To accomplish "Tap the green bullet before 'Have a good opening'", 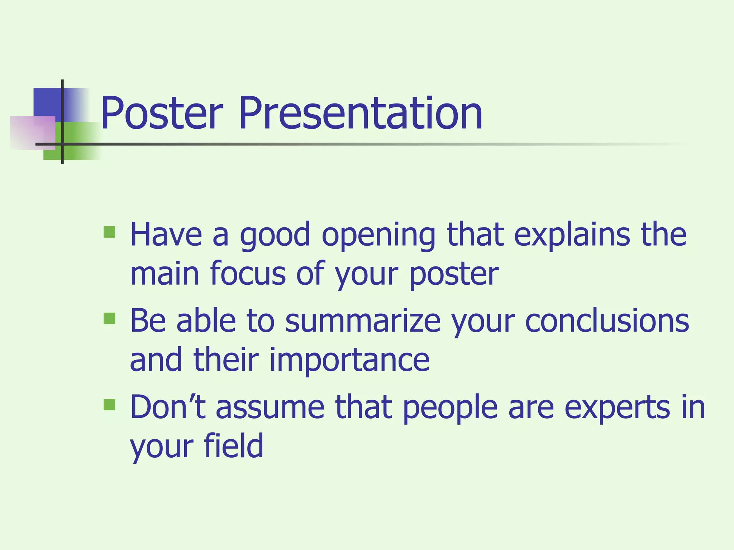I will (x=109, y=232).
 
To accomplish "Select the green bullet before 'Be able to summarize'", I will (x=109, y=318).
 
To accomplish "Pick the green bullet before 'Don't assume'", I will (x=109, y=405).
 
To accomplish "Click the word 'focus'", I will (x=247, y=274).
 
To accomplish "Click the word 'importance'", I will (x=349, y=360).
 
